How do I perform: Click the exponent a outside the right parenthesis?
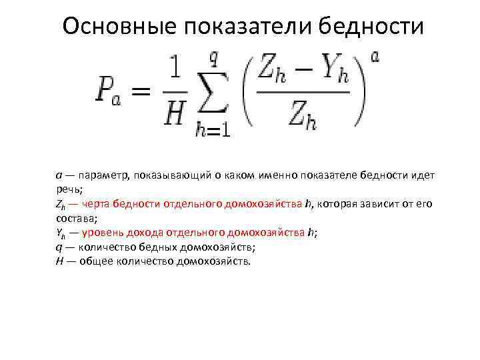375,57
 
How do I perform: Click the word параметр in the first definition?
103,175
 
